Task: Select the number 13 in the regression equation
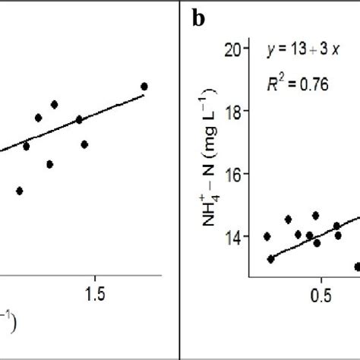tap(298, 51)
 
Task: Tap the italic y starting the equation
tap(270, 52)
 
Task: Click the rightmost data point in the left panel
tap(144, 87)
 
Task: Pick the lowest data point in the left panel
tap(20, 191)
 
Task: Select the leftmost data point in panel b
tap(267, 236)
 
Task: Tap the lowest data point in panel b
tap(358, 267)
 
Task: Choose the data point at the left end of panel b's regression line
tap(271, 259)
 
